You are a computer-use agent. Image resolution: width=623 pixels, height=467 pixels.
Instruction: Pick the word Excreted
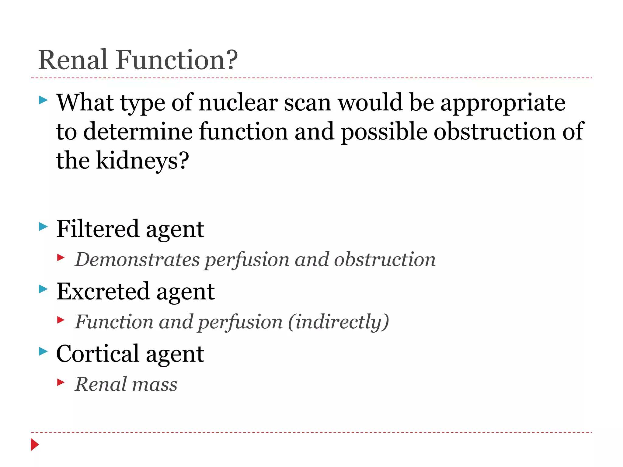[103, 291]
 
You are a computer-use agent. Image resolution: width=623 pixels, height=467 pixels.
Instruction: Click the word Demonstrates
[137, 260]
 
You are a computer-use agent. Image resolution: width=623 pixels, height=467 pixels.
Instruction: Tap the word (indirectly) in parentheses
[338, 322]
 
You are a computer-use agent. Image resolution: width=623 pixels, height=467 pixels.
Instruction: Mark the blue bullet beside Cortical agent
[43, 351]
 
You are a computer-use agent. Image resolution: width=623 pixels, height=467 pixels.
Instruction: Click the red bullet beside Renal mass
[61, 382]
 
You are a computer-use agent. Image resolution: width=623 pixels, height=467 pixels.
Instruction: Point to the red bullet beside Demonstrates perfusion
[61, 258]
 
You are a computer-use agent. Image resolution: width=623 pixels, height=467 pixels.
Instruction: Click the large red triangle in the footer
[35, 445]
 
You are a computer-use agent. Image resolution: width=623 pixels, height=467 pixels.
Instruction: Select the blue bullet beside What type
[43, 100]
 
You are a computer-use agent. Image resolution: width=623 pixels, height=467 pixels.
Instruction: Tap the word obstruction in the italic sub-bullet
[385, 260]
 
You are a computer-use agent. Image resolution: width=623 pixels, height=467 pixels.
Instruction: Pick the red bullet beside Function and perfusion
[61, 320]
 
